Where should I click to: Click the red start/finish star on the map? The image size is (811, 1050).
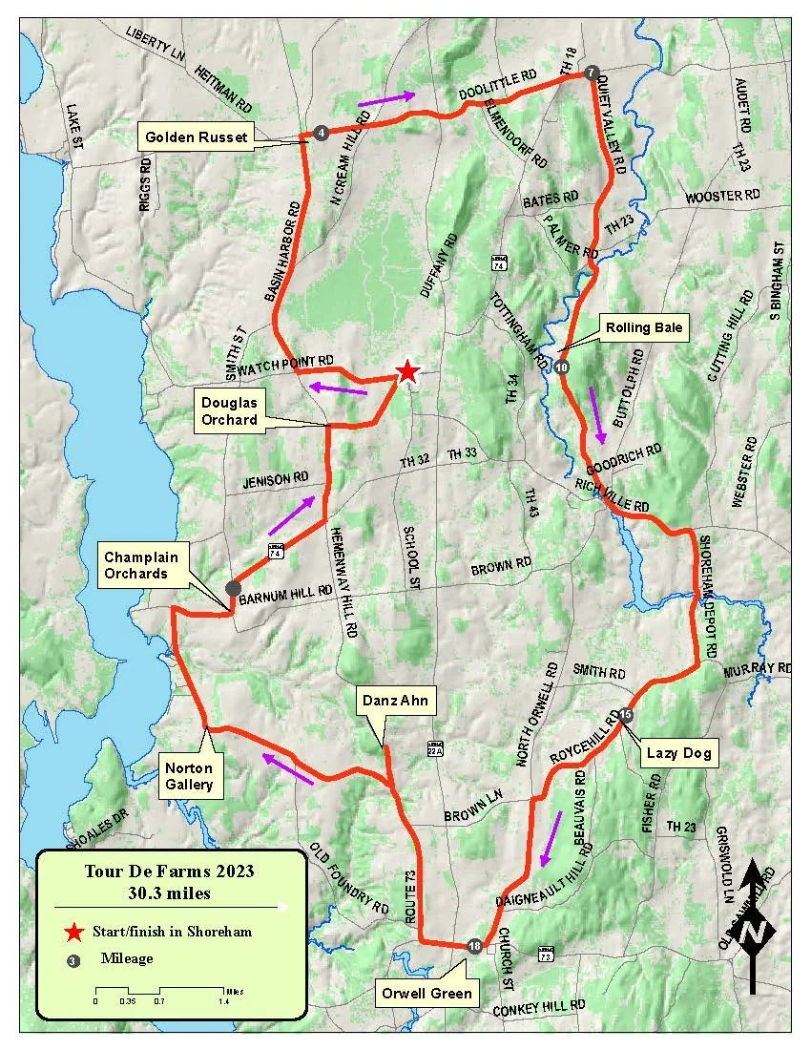click(x=407, y=370)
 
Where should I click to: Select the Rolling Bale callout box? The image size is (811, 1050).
click(x=643, y=328)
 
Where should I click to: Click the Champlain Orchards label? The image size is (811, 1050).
click(x=135, y=565)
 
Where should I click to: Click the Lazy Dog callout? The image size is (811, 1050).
click(x=678, y=753)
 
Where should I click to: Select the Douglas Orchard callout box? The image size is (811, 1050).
click(x=229, y=410)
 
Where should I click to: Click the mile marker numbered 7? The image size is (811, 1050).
click(x=592, y=73)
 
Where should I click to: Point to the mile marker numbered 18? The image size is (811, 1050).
click(x=475, y=945)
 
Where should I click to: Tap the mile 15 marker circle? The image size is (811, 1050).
click(x=625, y=714)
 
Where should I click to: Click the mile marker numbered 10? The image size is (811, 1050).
click(x=562, y=367)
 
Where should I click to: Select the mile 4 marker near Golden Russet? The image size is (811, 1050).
click(x=322, y=133)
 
